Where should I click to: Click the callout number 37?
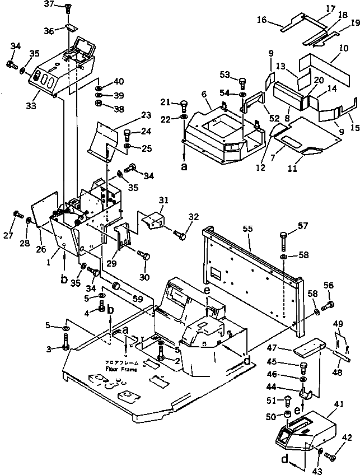click(49, 4)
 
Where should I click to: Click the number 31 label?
click(163, 201)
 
